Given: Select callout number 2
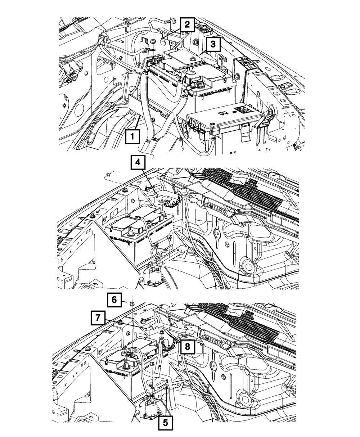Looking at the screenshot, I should coord(187,25).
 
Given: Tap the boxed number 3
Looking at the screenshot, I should coord(213,44).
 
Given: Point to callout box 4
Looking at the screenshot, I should coord(138,163).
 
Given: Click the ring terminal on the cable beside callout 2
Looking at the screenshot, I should coord(168,22).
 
